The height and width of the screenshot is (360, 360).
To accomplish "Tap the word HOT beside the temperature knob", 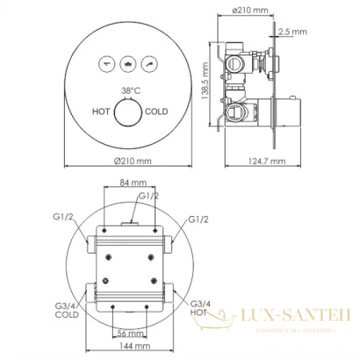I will (x=102, y=113).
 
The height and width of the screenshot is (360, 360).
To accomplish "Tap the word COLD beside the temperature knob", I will (x=157, y=113).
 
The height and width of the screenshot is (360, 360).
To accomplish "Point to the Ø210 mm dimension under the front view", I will (x=129, y=160).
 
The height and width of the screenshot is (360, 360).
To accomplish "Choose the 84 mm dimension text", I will (x=128, y=182).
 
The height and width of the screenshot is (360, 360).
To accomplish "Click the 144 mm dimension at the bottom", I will (x=128, y=346).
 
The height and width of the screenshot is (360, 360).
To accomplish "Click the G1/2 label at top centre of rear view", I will (x=147, y=196).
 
